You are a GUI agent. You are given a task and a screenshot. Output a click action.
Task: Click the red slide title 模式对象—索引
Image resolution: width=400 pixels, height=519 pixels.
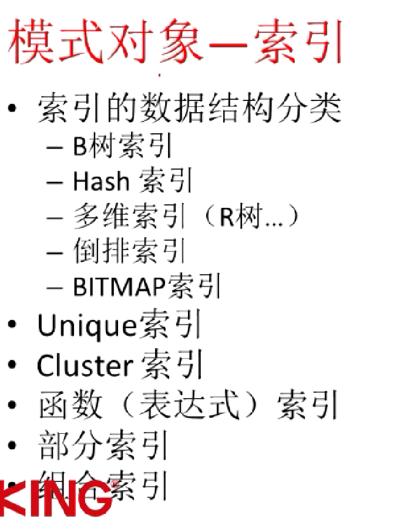coord(174,42)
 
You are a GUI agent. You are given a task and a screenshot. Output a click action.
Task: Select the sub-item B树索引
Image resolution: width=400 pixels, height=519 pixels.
coord(122,146)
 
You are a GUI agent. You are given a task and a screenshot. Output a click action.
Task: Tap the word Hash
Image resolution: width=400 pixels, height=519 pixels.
coord(100,181)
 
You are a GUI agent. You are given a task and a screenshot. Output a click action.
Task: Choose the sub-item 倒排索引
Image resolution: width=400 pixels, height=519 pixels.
coord(129,252)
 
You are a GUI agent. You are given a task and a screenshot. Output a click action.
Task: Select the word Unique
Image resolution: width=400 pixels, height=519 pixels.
coord(86,325)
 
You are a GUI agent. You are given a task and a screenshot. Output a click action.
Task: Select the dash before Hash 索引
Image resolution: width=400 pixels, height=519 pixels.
coord(55,182)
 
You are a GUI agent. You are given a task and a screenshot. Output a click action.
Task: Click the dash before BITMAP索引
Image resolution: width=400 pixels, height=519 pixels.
coord(55,288)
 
